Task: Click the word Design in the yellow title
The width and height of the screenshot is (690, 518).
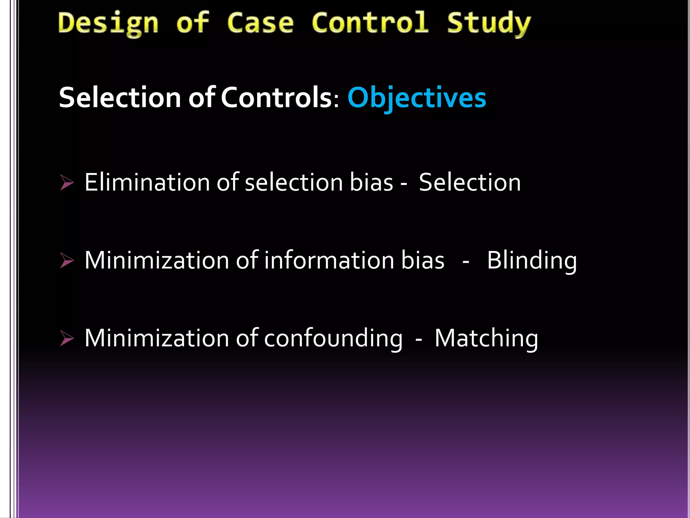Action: pyautogui.click(x=108, y=24)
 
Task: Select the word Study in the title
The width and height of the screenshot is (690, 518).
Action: pyautogui.click(x=489, y=24)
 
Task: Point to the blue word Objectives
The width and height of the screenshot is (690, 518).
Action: pyautogui.click(x=417, y=98)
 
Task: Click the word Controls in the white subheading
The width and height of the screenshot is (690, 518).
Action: pyautogui.click(x=276, y=97)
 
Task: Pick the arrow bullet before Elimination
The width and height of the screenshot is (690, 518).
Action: pyautogui.click(x=67, y=182)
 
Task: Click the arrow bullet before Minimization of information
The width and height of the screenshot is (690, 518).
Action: pyautogui.click(x=67, y=260)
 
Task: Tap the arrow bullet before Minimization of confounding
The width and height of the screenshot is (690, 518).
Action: pyautogui.click(x=67, y=338)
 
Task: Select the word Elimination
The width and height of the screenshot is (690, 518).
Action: pyautogui.click(x=147, y=182)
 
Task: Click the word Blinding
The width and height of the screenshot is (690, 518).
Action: pyautogui.click(x=532, y=260)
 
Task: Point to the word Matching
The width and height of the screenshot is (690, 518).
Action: pyautogui.click(x=486, y=338)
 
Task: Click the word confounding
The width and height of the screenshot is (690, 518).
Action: pyautogui.click(x=333, y=338)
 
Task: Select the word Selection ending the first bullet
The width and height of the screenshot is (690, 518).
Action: pyautogui.click(x=470, y=182)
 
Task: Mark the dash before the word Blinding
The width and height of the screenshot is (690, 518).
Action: pyautogui.click(x=466, y=261)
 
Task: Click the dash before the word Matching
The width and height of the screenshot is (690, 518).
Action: pyautogui.click(x=419, y=339)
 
